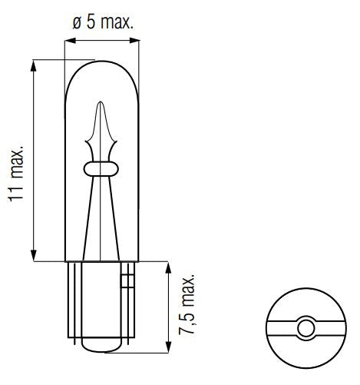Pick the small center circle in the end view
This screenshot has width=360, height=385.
pyautogui.click(x=305, y=329)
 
